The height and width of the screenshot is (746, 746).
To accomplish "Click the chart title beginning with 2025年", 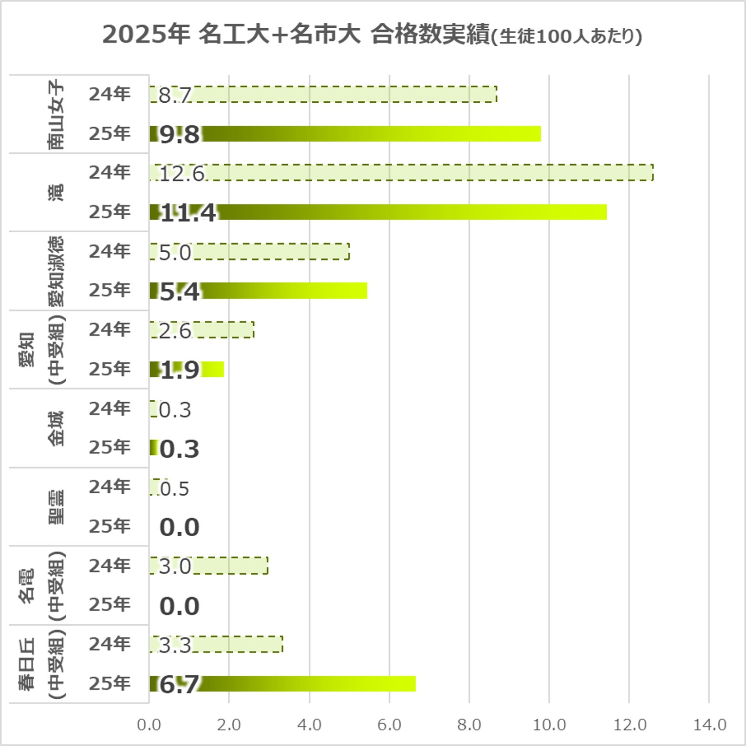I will click(372, 35).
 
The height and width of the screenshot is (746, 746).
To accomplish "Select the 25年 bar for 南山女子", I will click(370, 133).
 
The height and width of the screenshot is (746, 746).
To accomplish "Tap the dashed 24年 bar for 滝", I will click(429, 173).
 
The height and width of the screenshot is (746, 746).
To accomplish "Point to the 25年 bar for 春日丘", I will click(307, 684).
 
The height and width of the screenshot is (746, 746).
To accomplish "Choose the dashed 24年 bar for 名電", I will click(229, 566).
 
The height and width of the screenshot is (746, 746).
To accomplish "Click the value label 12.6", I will click(182, 174).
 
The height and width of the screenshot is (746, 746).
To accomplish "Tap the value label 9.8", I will click(179, 134).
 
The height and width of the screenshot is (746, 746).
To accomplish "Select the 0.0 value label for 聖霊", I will click(179, 527).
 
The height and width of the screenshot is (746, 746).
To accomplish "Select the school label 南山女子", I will click(56, 114).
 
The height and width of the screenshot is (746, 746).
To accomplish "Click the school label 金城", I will click(56, 429).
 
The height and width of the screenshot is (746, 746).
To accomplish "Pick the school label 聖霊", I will click(56, 507).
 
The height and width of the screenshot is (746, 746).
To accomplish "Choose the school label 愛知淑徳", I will click(56, 271).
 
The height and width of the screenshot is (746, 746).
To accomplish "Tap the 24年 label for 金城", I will click(110, 409).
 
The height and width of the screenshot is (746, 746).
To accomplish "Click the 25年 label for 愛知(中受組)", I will click(110, 369).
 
